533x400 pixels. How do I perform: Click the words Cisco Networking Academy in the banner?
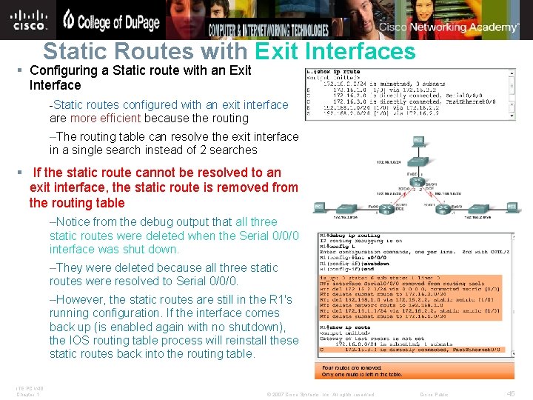[449, 27]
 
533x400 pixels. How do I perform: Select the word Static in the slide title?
[75, 51]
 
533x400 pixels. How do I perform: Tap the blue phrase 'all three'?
[256, 221]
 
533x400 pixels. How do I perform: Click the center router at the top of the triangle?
[419, 183]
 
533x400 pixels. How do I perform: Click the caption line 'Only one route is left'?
[362, 375]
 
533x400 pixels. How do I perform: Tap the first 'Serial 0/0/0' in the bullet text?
[268, 236]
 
